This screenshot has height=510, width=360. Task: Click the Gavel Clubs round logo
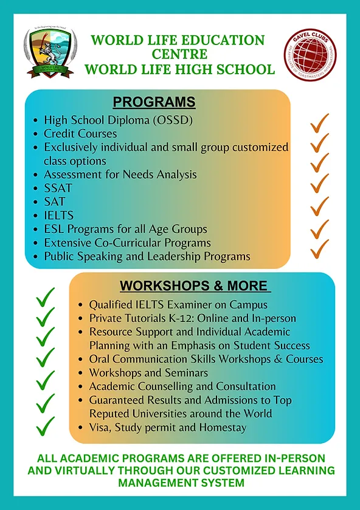311,54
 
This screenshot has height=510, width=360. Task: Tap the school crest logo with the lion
50,53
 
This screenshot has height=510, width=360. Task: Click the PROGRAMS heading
154,102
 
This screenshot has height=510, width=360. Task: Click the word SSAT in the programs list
58,188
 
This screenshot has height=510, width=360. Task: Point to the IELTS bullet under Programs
58,215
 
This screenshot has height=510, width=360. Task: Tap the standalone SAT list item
55,201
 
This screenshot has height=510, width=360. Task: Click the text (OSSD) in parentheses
172,120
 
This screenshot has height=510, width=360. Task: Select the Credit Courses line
80,133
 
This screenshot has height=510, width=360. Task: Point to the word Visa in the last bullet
101,427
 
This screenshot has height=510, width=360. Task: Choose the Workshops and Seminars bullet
148,372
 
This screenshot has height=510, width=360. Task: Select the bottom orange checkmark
320,248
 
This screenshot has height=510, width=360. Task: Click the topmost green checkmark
45,297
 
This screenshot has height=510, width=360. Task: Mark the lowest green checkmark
45,424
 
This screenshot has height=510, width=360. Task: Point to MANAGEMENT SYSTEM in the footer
180,483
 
